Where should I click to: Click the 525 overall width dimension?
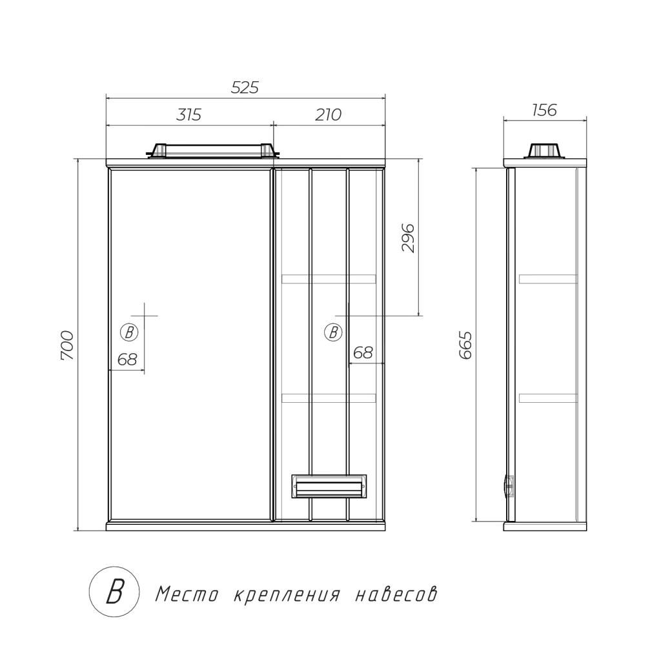click(x=245, y=87)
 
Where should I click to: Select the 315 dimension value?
click(x=188, y=114)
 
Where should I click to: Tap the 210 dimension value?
click(x=328, y=114)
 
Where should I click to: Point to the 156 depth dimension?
click(x=544, y=110)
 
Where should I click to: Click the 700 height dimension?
click(x=67, y=346)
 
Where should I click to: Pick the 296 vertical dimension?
click(x=408, y=239)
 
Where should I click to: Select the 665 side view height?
click(x=466, y=346)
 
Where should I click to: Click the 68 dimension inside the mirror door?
click(x=127, y=360)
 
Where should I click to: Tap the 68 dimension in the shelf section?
click(x=363, y=352)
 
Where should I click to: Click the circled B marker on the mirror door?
click(x=129, y=332)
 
